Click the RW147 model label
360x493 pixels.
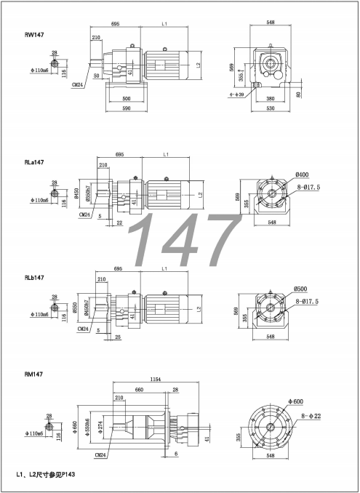click(34, 34)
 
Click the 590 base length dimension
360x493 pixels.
click(126, 109)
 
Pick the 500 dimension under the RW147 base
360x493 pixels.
click(127, 97)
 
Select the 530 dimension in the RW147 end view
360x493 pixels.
click(271, 109)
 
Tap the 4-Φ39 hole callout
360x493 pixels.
click(237, 94)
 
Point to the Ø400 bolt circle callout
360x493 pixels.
click(303, 175)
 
